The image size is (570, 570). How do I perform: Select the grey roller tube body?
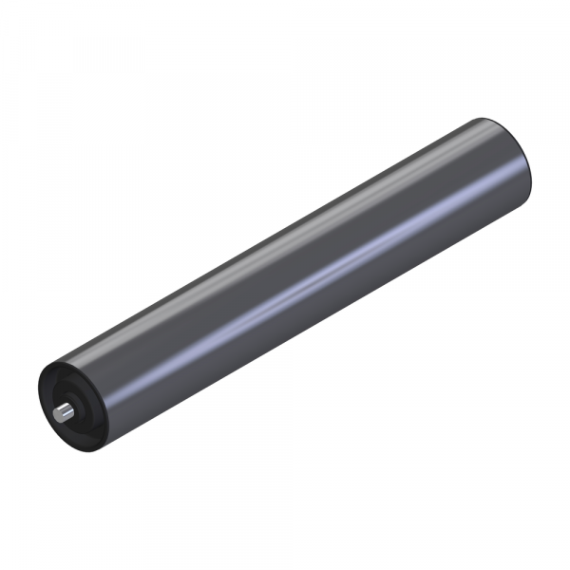[x=285, y=275]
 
